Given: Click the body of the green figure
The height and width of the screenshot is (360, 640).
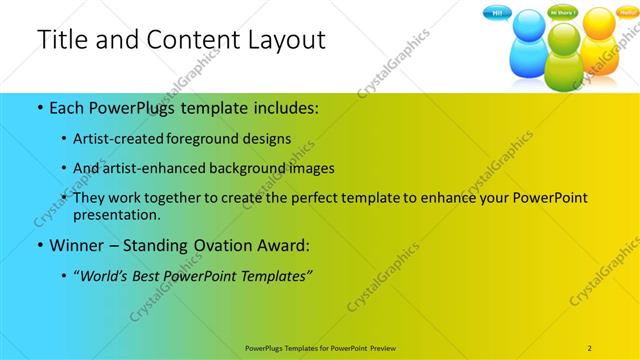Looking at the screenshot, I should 565,71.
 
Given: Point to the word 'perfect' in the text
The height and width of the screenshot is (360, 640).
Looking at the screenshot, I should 311,198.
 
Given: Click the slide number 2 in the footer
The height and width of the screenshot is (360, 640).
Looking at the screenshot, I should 589,347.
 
